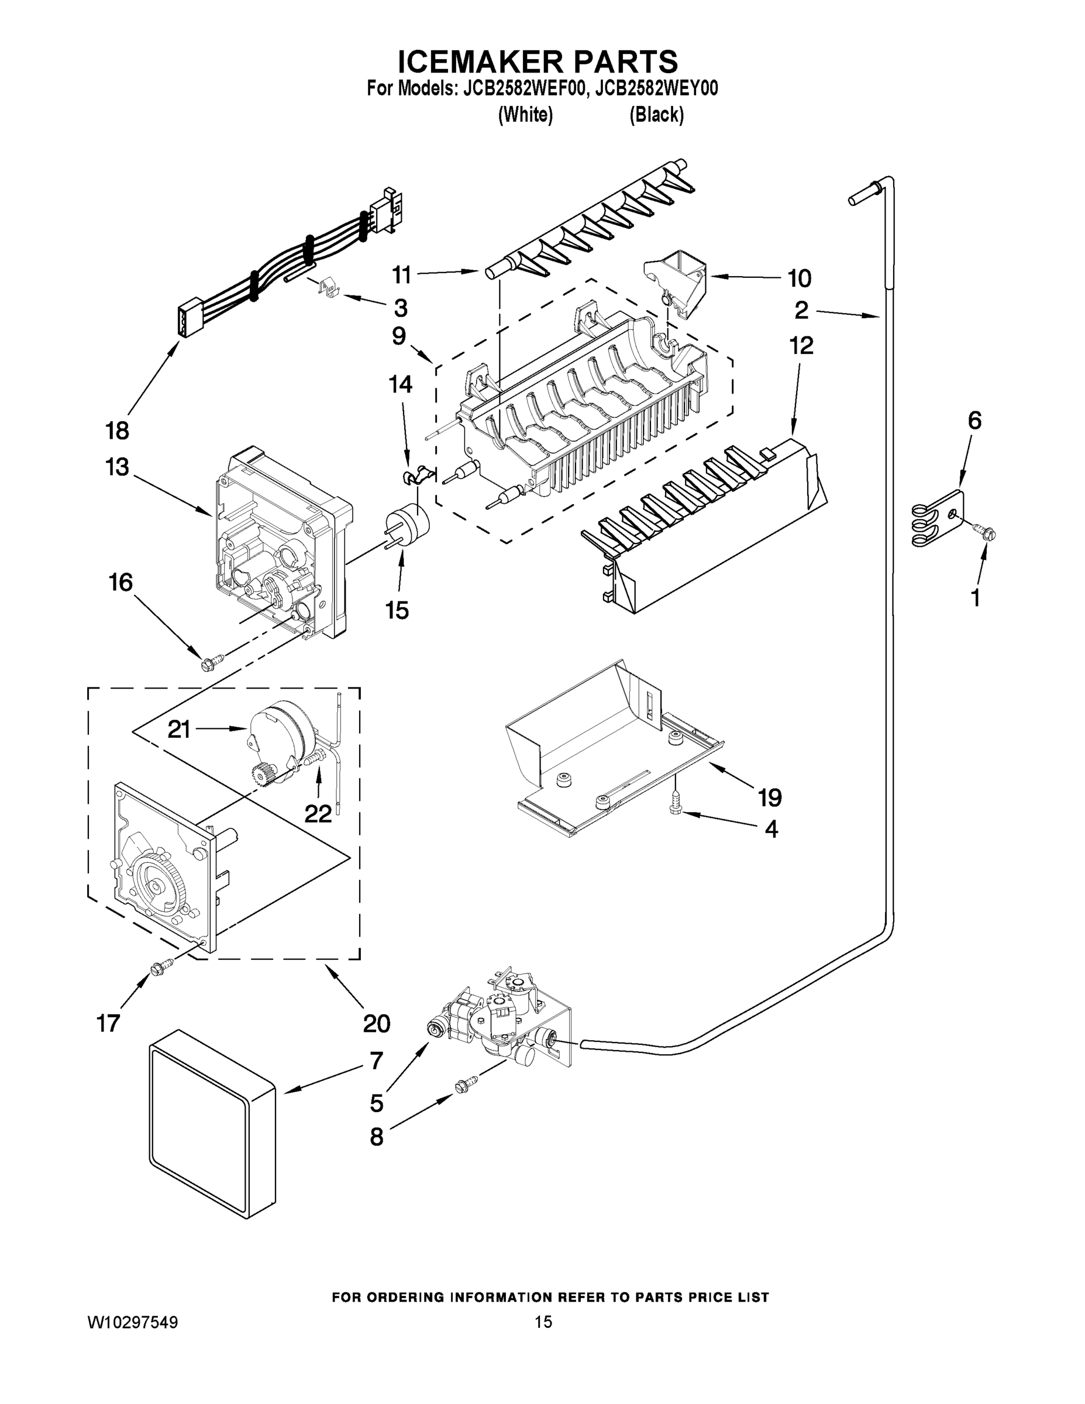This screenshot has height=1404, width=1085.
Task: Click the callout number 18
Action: tap(118, 430)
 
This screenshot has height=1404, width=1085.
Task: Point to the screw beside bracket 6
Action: tap(986, 531)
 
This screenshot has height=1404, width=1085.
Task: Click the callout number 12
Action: tap(801, 345)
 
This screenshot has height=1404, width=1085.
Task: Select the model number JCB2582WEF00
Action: tap(521, 88)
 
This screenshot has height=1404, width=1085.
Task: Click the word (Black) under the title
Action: tap(656, 115)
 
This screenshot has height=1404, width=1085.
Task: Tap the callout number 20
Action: tap(377, 1023)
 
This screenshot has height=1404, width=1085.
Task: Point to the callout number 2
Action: tap(801, 311)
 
